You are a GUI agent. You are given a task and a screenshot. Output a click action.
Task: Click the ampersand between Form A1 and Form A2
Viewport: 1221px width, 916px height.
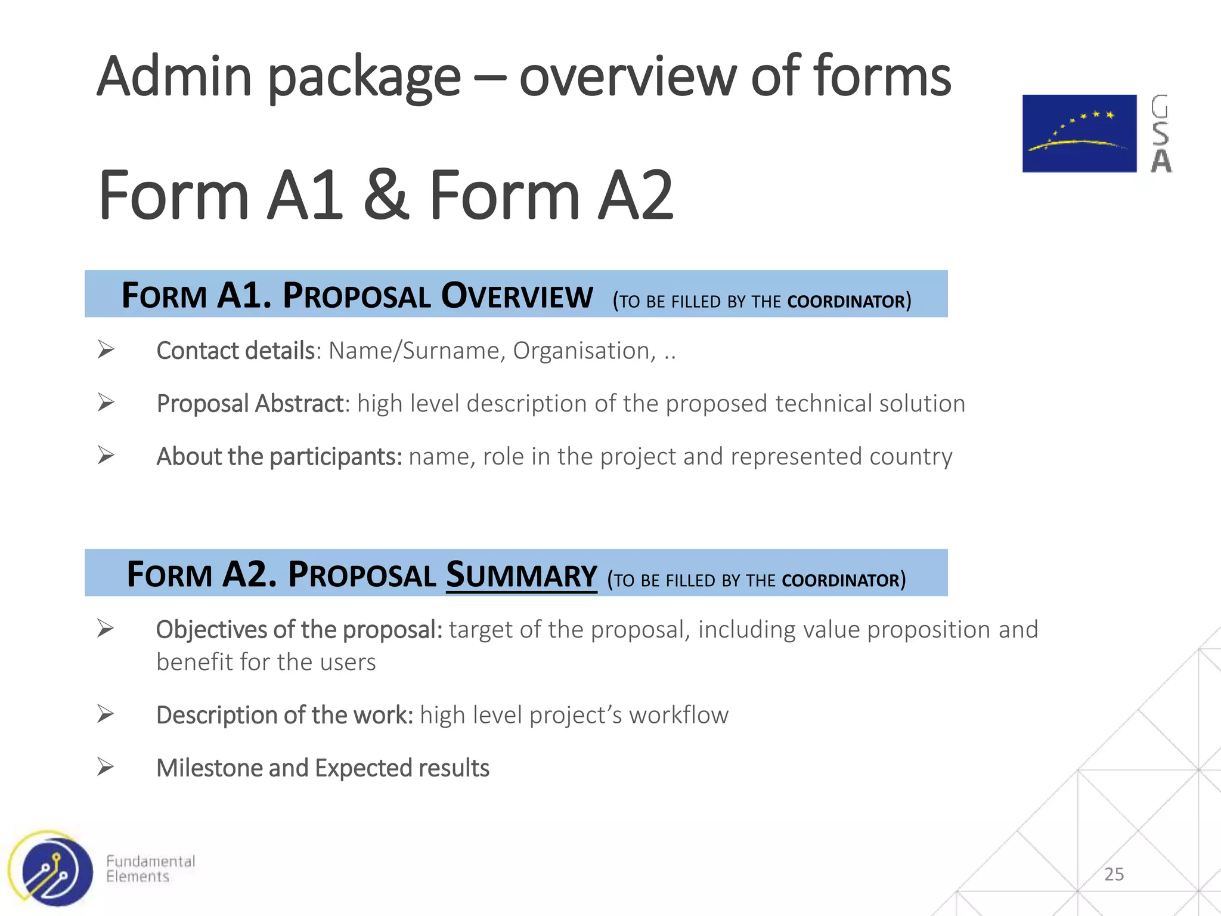pos(386,195)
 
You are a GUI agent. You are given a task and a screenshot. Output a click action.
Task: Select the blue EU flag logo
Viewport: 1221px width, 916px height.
pos(1079,134)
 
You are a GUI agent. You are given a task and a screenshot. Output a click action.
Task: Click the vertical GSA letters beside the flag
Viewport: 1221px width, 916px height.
pos(1160,134)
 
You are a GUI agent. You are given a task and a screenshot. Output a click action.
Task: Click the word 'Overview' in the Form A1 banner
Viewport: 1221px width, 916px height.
pos(517,296)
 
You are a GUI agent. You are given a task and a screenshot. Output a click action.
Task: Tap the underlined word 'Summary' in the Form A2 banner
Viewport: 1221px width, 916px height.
pos(521,575)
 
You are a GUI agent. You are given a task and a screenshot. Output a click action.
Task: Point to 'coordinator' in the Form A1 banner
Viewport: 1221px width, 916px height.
pos(846,301)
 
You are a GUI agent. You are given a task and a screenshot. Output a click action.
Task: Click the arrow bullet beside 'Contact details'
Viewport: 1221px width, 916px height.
pos(106,349)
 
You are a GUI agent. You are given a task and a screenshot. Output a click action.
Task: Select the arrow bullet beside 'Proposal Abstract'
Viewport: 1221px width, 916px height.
pos(106,403)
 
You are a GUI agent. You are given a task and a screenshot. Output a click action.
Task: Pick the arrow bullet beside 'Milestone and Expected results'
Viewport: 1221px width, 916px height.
pos(106,767)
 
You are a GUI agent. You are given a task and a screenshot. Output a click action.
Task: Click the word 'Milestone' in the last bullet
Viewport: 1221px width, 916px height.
pos(209,768)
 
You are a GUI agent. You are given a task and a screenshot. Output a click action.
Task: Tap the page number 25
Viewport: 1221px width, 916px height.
pos(1114,874)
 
